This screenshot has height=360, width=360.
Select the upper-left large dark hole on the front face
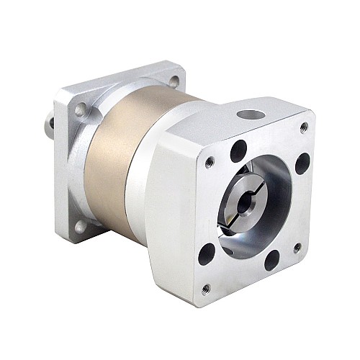tap(239, 150)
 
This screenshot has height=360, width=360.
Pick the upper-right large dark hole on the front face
tap(302, 163)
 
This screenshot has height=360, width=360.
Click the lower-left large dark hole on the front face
tap(207, 254)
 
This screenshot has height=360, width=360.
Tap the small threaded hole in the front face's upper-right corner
tap(304, 127)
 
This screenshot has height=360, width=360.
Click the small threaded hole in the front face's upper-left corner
tap(209, 162)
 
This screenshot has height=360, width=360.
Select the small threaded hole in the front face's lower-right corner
tap(297, 247)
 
